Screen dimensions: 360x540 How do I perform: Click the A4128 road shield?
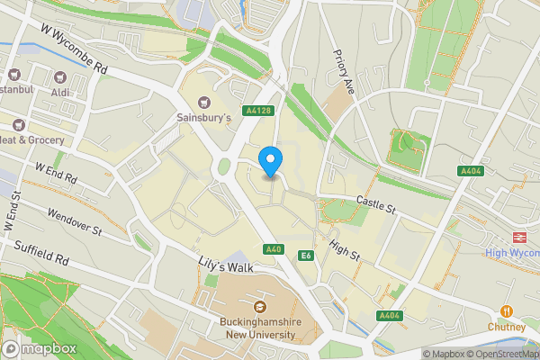258,111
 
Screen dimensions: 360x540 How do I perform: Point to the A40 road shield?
274,249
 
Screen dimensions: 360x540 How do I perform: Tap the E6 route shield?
306,256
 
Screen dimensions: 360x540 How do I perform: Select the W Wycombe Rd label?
74,49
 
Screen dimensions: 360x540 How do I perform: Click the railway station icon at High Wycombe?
519,236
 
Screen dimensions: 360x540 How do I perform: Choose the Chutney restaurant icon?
508,311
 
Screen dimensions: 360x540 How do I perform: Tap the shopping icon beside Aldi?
61,78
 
